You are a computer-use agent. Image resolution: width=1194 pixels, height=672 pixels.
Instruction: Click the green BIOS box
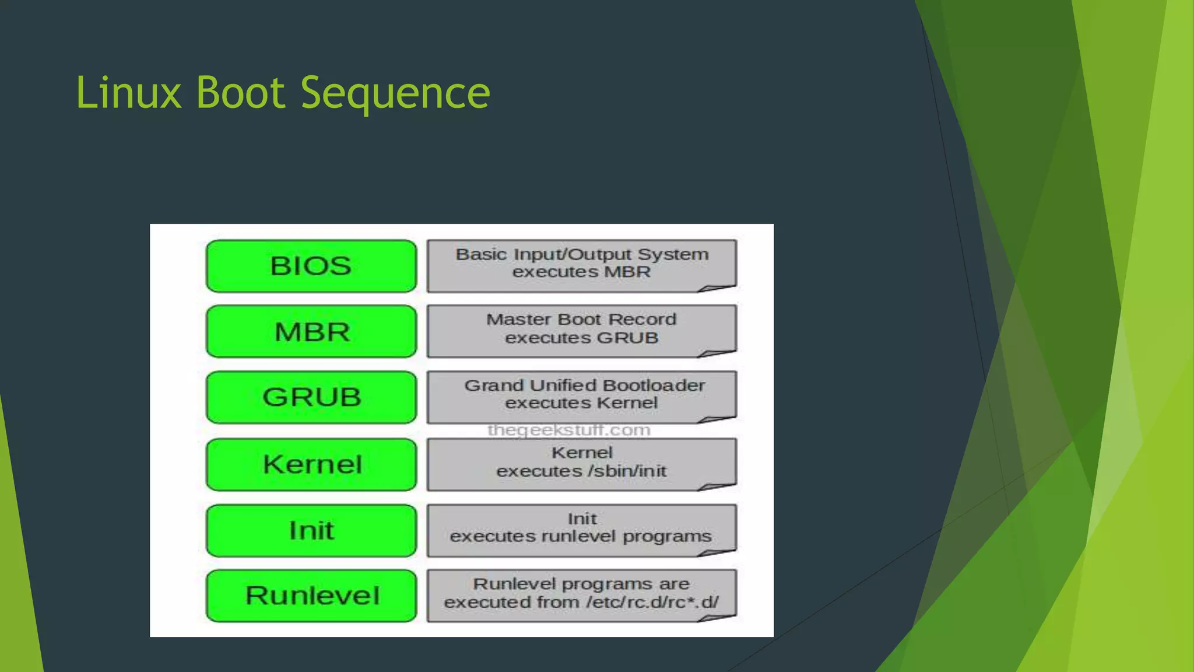(311, 266)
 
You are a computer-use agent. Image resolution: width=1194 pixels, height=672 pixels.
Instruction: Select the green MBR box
(311, 331)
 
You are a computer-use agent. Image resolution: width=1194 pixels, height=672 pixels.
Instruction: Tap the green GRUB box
(311, 397)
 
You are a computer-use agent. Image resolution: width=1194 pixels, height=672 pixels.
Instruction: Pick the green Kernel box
(311, 464)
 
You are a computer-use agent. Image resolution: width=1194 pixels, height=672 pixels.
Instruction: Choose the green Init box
(311, 530)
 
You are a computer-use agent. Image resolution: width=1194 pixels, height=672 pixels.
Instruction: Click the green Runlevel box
(311, 596)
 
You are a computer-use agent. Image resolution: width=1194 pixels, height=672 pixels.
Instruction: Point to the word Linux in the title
(129, 93)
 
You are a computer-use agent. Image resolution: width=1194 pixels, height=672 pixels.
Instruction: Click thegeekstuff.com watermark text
(568, 430)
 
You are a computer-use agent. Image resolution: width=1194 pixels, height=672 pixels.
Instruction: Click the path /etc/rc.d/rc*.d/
(652, 602)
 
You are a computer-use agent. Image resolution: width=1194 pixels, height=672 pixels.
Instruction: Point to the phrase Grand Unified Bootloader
(584, 386)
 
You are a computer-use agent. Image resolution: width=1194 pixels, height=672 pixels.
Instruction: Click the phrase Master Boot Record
(581, 320)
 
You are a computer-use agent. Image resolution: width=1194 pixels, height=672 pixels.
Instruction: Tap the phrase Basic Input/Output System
(582, 254)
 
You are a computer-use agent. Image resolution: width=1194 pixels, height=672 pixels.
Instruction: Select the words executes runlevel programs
(581, 536)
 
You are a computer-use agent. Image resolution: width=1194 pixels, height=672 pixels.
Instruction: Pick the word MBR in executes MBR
(627, 272)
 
